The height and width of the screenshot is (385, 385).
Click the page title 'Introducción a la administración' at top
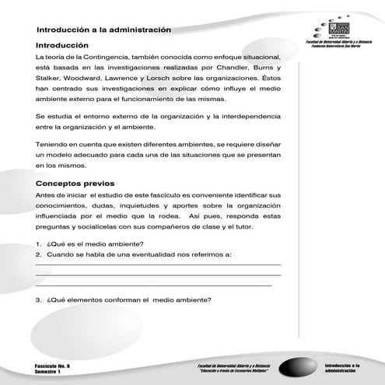coord(103,29)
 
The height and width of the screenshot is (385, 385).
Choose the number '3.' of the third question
coord(40,299)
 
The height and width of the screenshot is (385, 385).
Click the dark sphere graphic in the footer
coord(299,366)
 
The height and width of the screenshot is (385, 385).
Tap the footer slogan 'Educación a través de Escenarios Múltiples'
coord(236,371)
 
